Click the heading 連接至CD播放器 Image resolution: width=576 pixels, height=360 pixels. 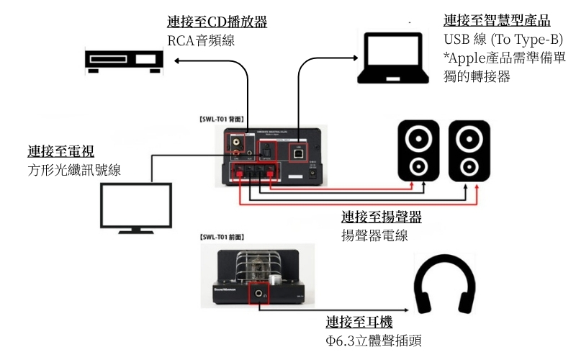(217, 22)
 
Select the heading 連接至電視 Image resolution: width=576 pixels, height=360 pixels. (61, 151)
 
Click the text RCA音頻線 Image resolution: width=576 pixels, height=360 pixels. (201, 41)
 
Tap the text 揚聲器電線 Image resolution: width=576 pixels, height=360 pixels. (374, 235)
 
